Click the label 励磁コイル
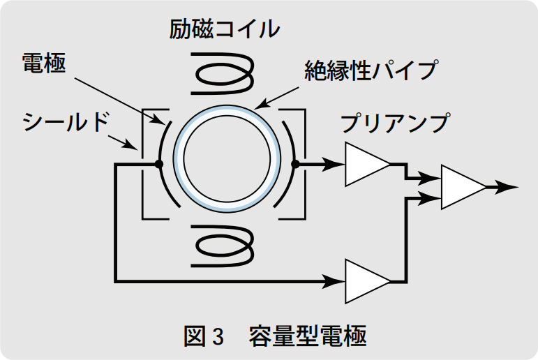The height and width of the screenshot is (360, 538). click(224, 29)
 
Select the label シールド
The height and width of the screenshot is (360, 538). click(67, 123)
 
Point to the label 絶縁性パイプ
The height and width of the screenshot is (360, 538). click(371, 71)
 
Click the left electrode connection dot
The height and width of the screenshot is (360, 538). click(159, 165)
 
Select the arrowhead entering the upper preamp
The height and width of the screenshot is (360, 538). click(336, 165)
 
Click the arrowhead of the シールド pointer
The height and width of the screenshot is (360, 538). click(133, 147)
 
